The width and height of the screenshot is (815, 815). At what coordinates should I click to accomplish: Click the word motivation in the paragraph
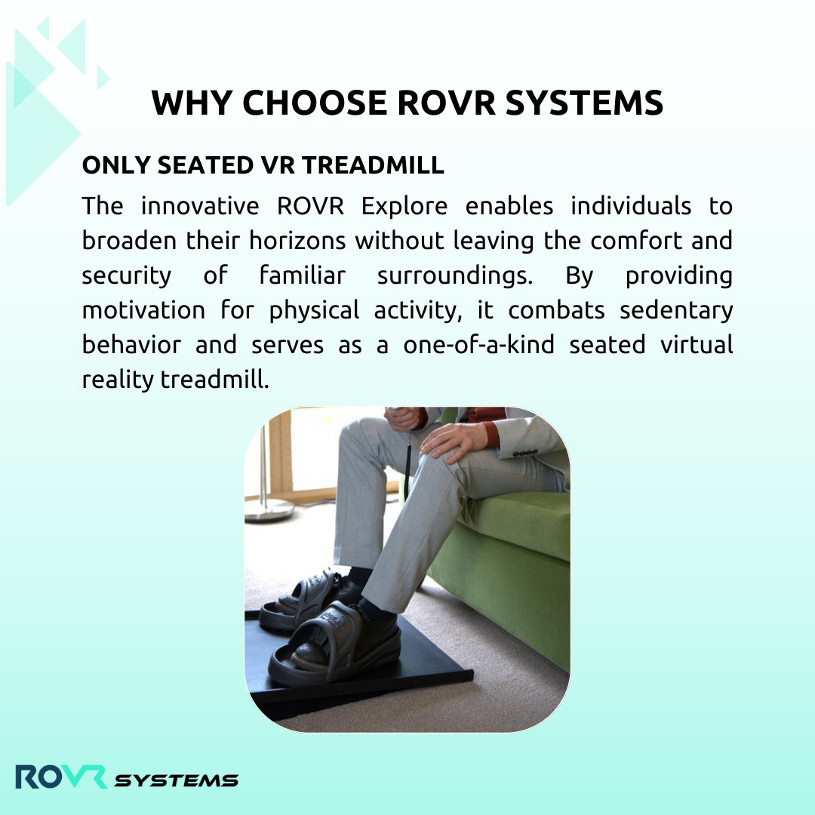[x=133, y=310]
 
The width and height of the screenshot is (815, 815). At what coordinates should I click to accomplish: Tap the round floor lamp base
[x=269, y=510]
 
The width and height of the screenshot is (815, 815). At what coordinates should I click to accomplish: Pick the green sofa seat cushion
[x=521, y=521]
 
